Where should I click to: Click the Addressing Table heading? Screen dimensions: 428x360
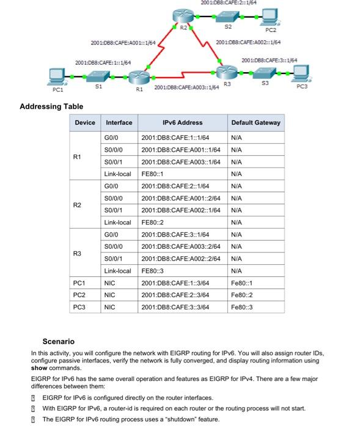[51, 106]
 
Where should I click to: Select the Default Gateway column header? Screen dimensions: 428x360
[255, 123]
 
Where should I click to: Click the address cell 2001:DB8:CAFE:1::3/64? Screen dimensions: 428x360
[175, 283]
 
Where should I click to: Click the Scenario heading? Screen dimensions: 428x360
[59, 341]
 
